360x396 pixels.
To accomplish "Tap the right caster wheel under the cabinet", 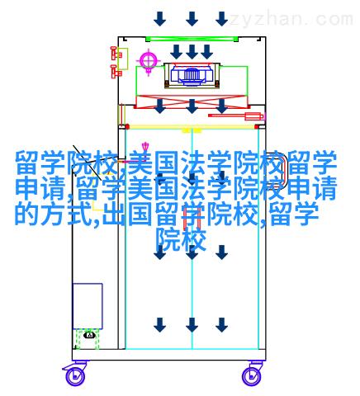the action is coord(251,376).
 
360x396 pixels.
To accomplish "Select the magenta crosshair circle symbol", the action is coord(149,60).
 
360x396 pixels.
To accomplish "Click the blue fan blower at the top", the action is coord(192,74).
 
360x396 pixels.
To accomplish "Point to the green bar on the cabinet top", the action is coord(192,39).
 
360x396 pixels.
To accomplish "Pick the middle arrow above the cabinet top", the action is coord(192,19).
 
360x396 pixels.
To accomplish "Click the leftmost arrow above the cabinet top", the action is coord(159,19).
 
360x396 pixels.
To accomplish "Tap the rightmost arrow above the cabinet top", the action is coord(221,19).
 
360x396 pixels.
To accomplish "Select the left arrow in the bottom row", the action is coord(159,325).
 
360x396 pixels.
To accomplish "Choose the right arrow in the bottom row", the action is coord(221,325).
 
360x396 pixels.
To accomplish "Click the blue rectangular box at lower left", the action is coord(88,306).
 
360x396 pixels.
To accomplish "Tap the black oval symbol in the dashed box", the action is coord(89,335).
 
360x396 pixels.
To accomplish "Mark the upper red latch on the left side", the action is coord(116,54).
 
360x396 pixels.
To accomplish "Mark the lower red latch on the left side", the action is coord(116,71).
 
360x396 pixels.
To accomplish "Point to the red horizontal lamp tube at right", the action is coord(236,116).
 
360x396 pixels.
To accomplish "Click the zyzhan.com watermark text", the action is coord(291,20).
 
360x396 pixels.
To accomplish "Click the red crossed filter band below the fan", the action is coord(192,101).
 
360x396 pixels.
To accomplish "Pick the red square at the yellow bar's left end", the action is coord(127,127).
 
